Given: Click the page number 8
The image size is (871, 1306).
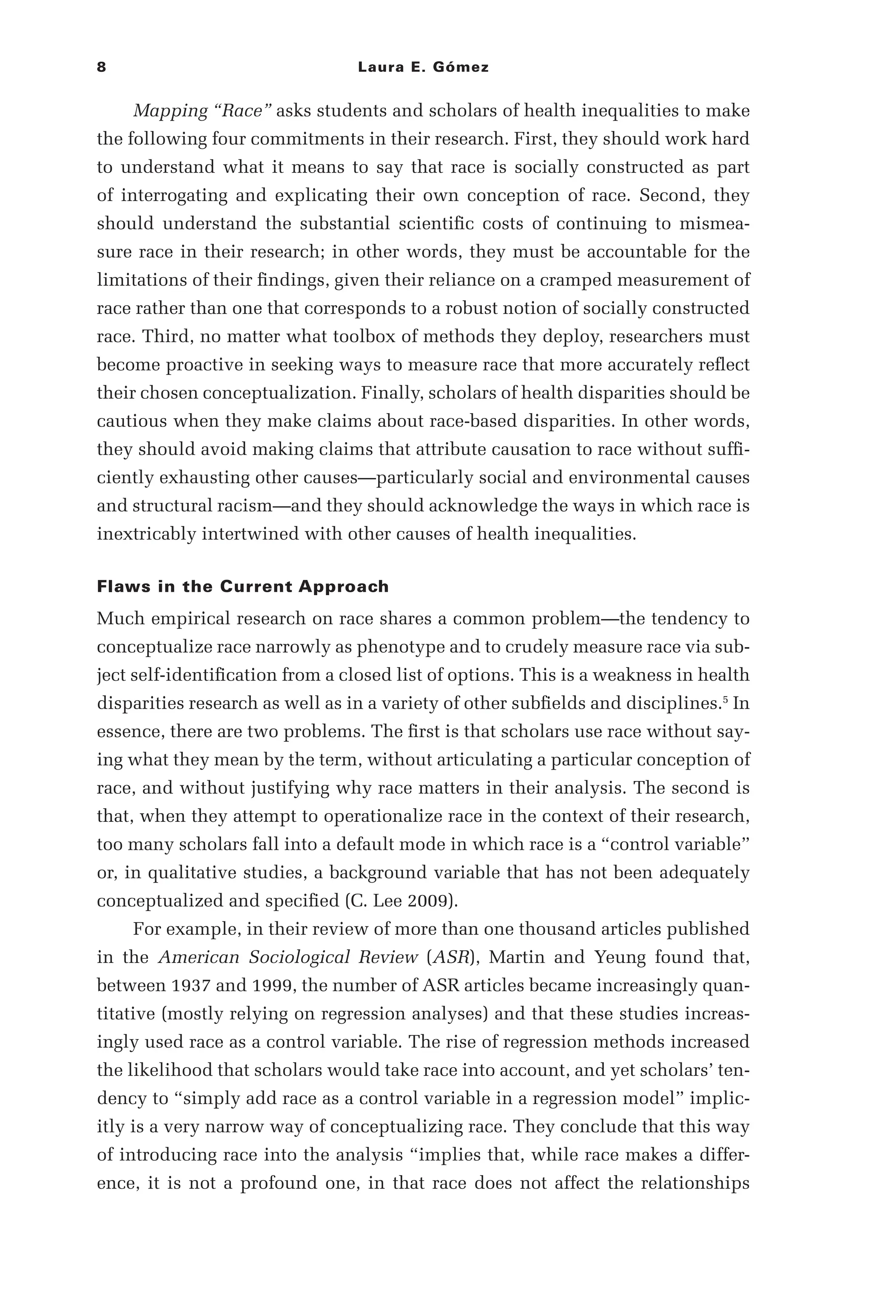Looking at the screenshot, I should pos(101,68).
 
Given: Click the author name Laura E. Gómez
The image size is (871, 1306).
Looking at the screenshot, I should pos(423,68).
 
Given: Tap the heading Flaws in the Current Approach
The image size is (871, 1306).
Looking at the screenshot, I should pos(243,587).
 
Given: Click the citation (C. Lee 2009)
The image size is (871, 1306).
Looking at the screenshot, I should pos(401,901).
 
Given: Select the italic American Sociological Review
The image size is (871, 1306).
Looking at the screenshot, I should pos(288,957).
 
